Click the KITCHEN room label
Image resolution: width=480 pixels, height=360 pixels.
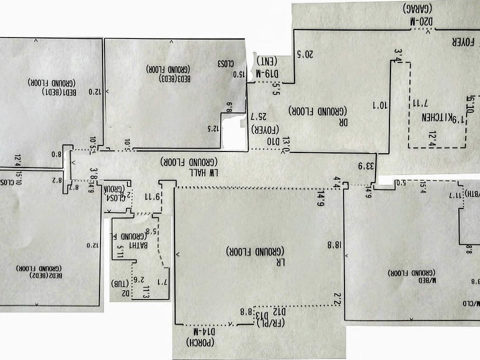pyautogui.click(x=433, y=118)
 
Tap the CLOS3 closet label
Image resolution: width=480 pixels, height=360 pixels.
pyautogui.click(x=226, y=64)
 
